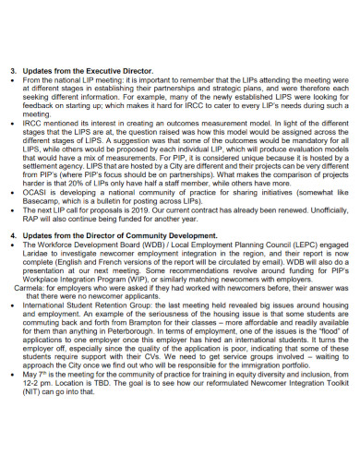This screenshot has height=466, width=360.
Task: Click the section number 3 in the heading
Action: pos(14,70)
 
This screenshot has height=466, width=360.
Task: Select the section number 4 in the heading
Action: pos(14,236)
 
